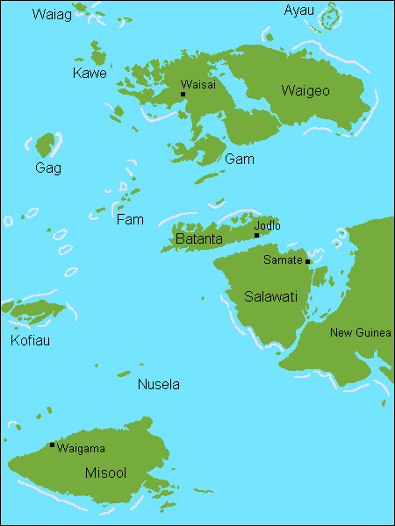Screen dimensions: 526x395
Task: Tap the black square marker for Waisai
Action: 183,94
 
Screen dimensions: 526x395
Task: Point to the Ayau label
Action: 298,11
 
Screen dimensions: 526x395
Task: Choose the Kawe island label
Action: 90,74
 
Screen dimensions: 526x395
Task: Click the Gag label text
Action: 48,167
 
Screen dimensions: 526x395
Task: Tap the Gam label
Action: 240,159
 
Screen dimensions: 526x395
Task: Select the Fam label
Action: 130,219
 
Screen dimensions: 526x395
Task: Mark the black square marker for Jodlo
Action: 256,235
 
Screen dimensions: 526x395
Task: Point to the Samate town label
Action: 283,260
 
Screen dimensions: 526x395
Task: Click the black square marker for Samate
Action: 307,261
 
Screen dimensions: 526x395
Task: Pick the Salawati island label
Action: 271,296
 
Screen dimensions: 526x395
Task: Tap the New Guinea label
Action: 360,332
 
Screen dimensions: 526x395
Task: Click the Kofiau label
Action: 30,340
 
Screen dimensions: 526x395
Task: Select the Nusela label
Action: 159,384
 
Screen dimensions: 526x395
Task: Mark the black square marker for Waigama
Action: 52,445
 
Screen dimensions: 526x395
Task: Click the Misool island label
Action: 105,473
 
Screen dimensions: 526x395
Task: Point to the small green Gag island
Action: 46,145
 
